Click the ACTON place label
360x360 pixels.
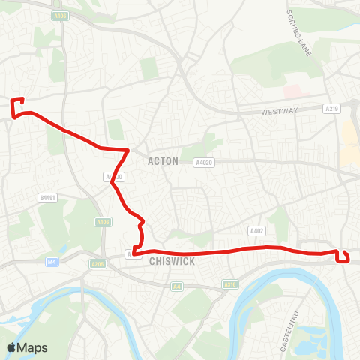[x=163, y=161]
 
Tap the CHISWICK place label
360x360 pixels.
[x=172, y=262]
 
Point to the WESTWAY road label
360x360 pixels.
[x=279, y=112]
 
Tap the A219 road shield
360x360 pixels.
[x=332, y=109]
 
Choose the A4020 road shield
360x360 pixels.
[x=203, y=162]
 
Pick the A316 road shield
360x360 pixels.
[x=230, y=284]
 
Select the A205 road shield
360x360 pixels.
[x=97, y=264]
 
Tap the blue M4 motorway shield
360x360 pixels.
[x=52, y=262]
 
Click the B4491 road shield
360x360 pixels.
[x=47, y=198]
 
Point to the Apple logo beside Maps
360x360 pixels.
[x=11, y=347]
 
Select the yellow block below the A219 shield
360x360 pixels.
[x=349, y=142]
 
